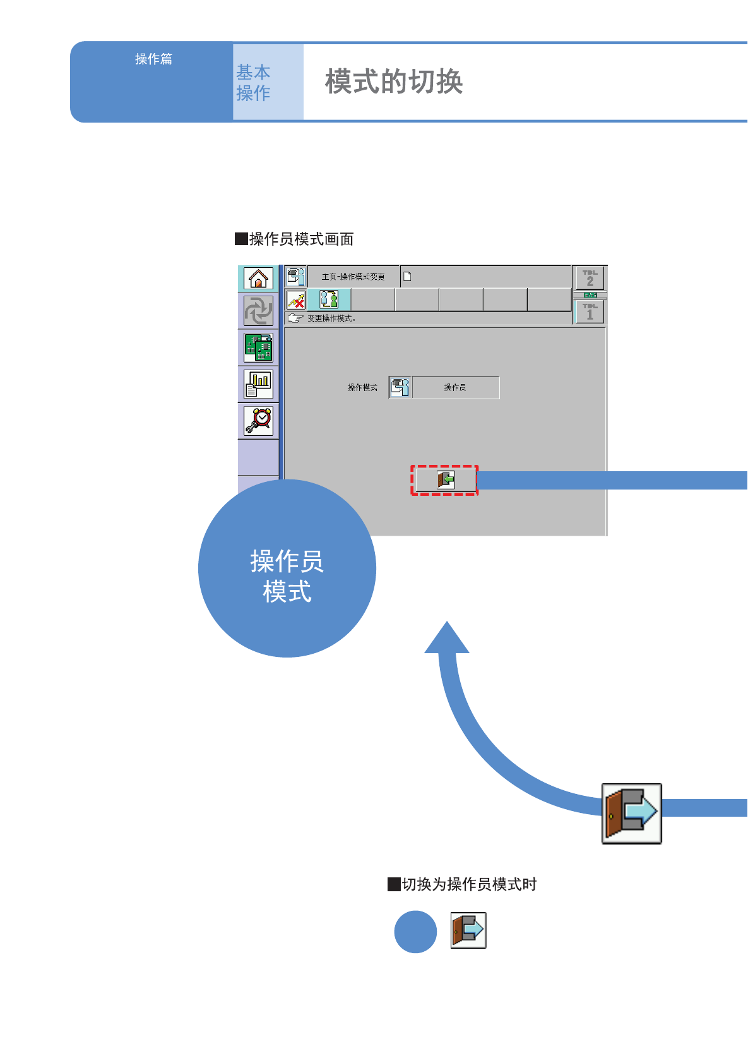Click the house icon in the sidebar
click(x=258, y=279)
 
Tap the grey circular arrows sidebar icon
click(x=258, y=311)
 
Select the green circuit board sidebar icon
click(x=258, y=347)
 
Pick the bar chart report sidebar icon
click(x=258, y=384)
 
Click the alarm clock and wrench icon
click(x=258, y=421)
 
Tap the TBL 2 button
click(x=590, y=278)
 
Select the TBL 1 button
click(x=590, y=311)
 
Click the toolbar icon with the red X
click(x=296, y=299)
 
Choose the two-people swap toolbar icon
click(x=329, y=299)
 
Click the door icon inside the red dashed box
click(x=445, y=480)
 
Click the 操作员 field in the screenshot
click(x=455, y=387)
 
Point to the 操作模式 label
click(x=362, y=387)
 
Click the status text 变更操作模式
click(x=331, y=318)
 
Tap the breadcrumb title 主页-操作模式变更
click(x=353, y=277)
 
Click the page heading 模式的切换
click(x=394, y=82)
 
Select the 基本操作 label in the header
click(x=253, y=83)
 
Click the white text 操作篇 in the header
click(x=153, y=59)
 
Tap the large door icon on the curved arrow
click(x=631, y=814)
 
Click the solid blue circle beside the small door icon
click(x=415, y=932)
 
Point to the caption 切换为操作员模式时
click(x=468, y=884)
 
